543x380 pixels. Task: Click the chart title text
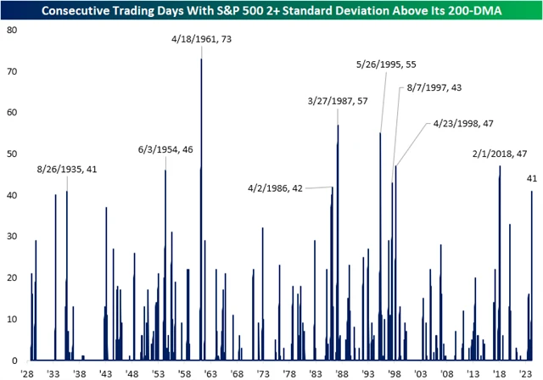[x=271, y=9]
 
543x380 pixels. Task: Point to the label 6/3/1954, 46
[x=165, y=150]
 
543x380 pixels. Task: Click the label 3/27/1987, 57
[x=337, y=102]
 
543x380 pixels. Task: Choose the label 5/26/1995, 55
[x=386, y=64]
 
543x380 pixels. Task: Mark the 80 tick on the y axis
[x=11, y=30]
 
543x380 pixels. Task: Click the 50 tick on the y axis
[x=11, y=154]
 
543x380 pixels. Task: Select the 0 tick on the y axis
[x=14, y=360]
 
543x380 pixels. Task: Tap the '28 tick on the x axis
[x=28, y=373]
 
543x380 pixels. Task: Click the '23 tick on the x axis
[x=524, y=373]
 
